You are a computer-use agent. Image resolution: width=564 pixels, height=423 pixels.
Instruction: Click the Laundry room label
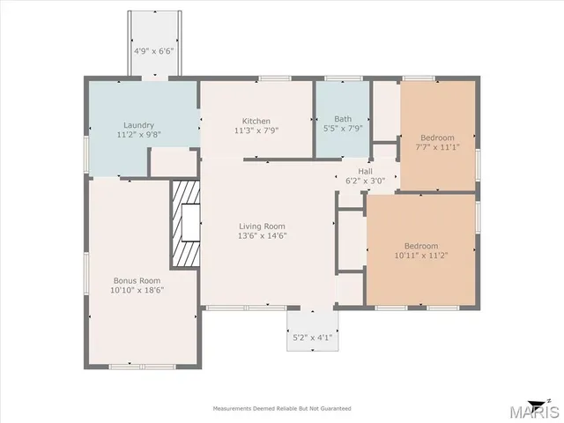138,125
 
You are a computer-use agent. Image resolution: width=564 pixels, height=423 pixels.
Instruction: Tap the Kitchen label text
256,121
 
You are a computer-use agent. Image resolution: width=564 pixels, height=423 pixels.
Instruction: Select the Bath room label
342,120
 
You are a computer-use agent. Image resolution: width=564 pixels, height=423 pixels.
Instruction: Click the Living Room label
262,226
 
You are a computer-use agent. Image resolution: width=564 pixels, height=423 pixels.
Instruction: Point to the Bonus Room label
137,280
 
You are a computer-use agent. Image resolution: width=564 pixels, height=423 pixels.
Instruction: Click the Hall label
366,170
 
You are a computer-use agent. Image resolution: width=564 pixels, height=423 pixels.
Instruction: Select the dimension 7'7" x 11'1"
437,146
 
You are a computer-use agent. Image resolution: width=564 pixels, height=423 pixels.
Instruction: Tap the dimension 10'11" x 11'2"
420,255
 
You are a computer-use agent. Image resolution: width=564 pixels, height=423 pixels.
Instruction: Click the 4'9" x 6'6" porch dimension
153,51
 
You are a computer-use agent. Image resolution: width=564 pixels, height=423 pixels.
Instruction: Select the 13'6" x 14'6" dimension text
262,235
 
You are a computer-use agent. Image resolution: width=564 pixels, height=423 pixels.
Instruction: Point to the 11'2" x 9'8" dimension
138,135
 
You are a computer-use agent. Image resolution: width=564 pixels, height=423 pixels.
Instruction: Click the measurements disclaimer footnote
281,408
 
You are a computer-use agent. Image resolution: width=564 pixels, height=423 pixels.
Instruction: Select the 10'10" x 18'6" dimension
137,289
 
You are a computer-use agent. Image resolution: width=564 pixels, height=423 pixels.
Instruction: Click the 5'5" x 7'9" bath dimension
342,130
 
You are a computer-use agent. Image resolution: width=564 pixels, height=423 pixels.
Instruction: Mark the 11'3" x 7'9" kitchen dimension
256,130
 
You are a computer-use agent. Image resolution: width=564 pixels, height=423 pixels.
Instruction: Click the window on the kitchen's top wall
274,79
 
